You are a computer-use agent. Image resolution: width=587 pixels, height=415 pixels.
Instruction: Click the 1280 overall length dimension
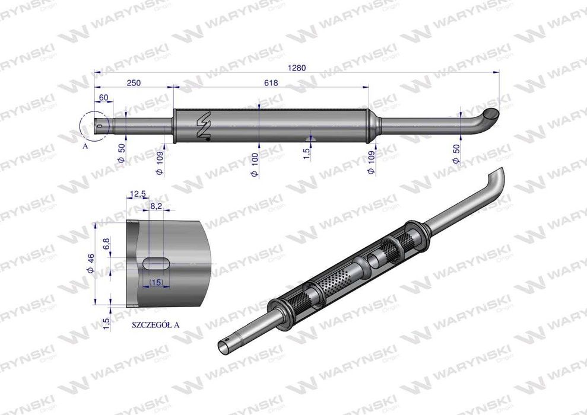[x=296, y=68]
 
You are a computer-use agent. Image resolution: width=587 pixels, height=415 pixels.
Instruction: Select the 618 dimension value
[x=270, y=83]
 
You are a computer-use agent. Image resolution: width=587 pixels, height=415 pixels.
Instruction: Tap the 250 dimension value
[x=133, y=83]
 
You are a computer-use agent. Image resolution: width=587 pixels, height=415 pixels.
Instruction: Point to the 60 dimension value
[x=103, y=98]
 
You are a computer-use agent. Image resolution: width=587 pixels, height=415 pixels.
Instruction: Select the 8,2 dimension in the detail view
[x=156, y=206]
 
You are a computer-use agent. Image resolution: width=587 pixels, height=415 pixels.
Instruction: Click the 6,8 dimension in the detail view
[x=106, y=244]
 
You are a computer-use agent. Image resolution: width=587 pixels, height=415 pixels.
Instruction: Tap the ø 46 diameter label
[x=91, y=262]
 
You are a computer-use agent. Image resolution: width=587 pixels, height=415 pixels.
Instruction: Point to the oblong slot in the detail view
[x=156, y=263]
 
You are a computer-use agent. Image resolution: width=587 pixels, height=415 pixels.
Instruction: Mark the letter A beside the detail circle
[x=85, y=145]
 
